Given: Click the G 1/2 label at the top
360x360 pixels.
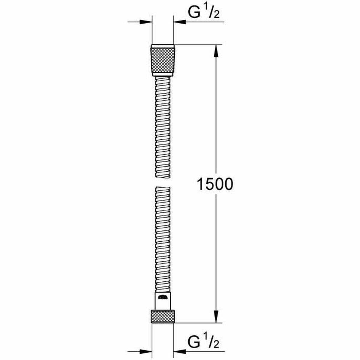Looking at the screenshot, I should pos(203,13).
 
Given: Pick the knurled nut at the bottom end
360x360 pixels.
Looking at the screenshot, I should pos(163,316).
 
